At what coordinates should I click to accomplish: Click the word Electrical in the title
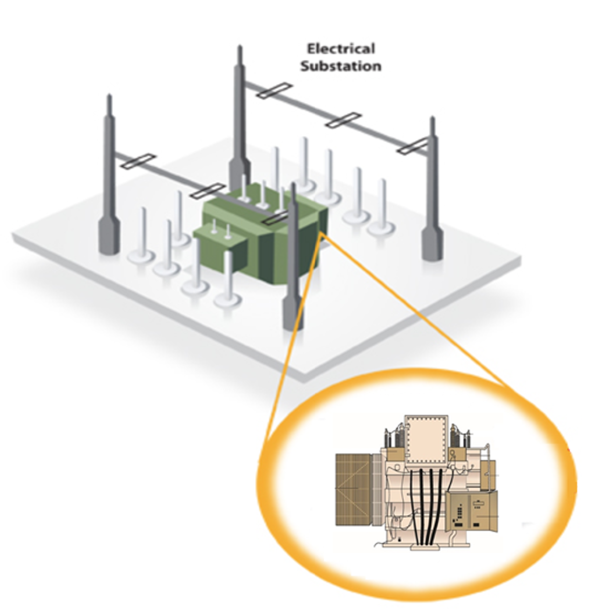(340, 49)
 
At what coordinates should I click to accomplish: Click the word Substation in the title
(341, 66)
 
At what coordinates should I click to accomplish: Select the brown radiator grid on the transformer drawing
(354, 489)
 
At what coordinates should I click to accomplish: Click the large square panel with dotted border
(426, 440)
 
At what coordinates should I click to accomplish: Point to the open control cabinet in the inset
(471, 511)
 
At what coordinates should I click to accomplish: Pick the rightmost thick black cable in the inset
(438, 507)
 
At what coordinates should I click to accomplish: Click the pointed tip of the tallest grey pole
(239, 46)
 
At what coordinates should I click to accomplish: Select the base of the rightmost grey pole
(432, 244)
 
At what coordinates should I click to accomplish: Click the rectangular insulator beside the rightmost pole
(412, 146)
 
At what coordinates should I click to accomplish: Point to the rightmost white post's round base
(381, 228)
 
